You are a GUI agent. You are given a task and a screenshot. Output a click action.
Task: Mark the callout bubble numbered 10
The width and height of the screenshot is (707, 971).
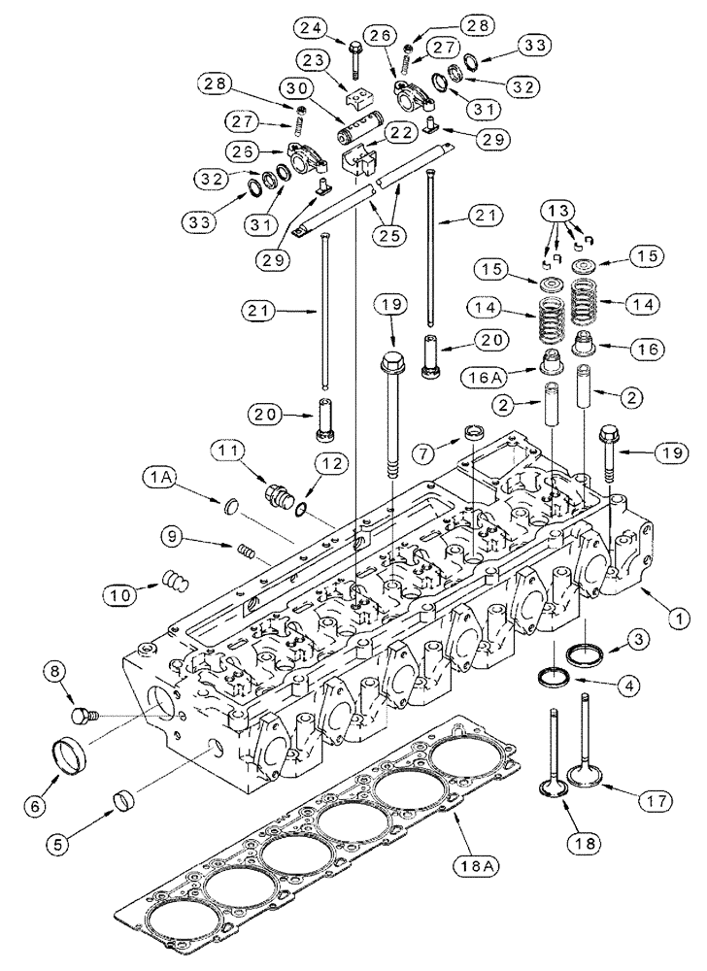tap(123, 591)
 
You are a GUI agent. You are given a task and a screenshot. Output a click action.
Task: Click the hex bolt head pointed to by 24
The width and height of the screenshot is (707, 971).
tap(352, 47)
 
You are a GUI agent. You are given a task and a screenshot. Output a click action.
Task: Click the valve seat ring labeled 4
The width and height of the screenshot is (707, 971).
tap(552, 676)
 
